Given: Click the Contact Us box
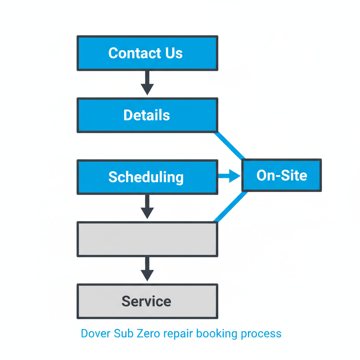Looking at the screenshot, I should click(147, 53).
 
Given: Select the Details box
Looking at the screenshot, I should click(147, 115).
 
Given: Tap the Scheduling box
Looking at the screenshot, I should click(147, 177).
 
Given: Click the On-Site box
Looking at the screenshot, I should click(282, 175).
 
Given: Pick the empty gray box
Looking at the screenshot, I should click(147, 239).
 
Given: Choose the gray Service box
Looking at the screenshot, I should click(147, 301).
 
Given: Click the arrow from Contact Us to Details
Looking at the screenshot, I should click(147, 83).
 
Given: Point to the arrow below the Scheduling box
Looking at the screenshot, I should click(147, 207).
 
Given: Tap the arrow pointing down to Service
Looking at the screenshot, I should click(147, 269).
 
